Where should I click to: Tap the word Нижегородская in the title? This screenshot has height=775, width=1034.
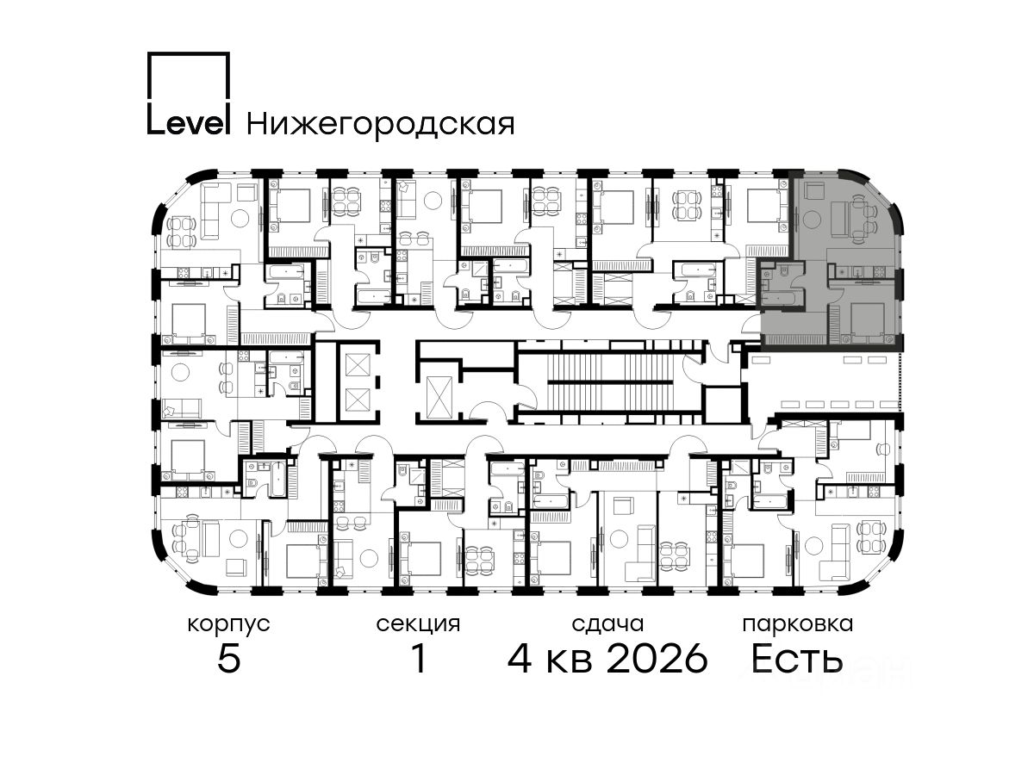pyautogui.click(x=381, y=124)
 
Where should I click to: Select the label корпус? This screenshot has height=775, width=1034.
pyautogui.click(x=229, y=625)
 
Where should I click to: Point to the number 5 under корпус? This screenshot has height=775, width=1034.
pyautogui.click(x=229, y=658)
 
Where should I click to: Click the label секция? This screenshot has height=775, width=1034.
pyautogui.click(x=418, y=625)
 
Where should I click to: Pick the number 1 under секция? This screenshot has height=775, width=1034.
pyautogui.click(x=420, y=658)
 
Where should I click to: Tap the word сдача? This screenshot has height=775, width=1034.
pyautogui.click(x=607, y=624)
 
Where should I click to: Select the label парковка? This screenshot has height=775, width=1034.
pyautogui.click(x=798, y=625)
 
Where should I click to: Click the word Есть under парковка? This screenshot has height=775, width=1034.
pyautogui.click(x=798, y=658)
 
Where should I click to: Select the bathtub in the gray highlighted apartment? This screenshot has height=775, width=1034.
pyautogui.click(x=781, y=298)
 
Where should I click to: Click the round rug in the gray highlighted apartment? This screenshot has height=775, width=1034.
pyautogui.click(x=812, y=220)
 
